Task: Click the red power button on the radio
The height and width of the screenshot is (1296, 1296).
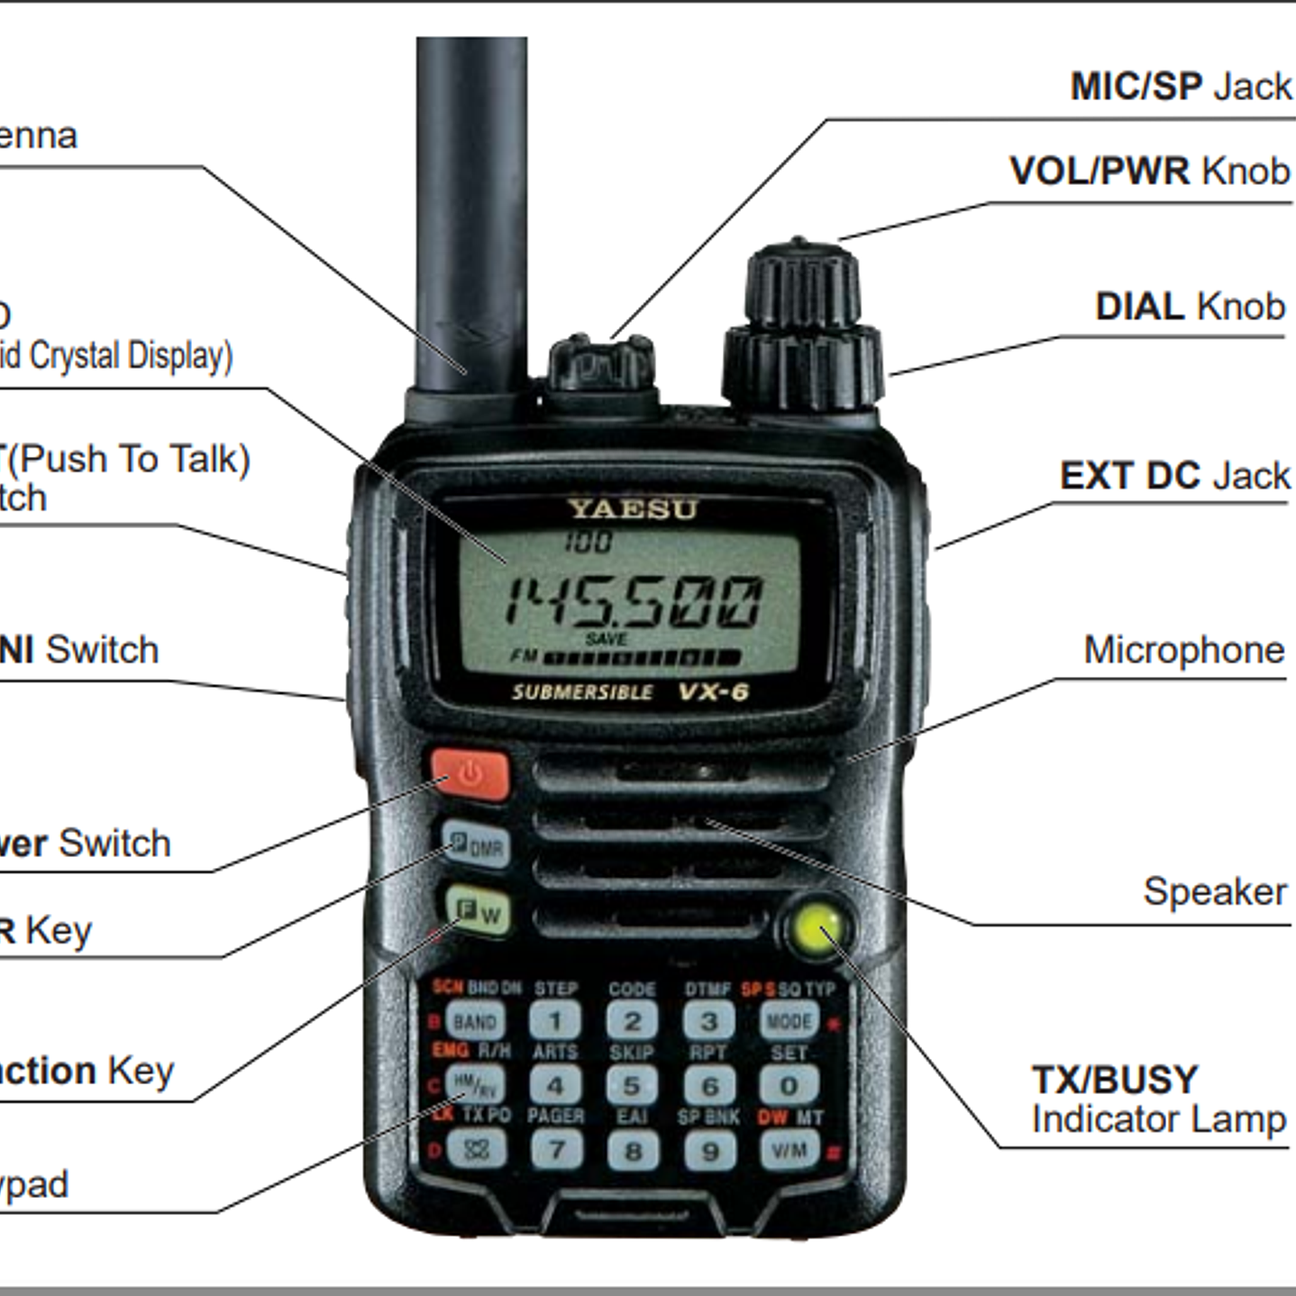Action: pos(470,774)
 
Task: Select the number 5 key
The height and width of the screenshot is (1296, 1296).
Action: pos(632,1085)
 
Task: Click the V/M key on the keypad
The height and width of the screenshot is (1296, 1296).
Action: pos(789,1150)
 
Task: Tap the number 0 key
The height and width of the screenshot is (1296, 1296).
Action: pos(789,1085)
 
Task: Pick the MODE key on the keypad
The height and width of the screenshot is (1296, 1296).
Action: pos(789,1021)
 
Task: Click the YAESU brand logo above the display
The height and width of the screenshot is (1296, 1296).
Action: pos(633,509)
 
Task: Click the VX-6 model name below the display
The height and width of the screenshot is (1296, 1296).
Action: pos(713,692)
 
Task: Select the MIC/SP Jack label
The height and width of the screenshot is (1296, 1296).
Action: pos(1180,87)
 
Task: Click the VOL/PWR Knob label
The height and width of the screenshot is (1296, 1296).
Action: pos(1149,171)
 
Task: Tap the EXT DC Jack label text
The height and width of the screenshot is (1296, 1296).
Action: pos(1173,476)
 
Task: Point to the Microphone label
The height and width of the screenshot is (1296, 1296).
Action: pos(1183,650)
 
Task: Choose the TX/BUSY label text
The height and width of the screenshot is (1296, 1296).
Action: pos(1115,1079)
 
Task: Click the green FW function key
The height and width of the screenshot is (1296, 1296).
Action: pos(477,912)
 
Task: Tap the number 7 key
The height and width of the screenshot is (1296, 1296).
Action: pos(556,1150)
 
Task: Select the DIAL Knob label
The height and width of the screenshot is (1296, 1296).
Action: pos(1189,307)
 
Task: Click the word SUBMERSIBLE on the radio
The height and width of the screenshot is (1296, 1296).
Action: pos(582,692)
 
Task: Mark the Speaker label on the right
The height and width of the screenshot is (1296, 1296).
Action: pos(1214,891)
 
